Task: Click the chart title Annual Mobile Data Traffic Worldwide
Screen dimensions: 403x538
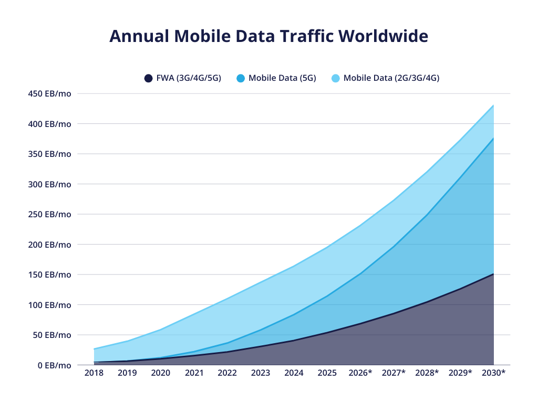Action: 268,36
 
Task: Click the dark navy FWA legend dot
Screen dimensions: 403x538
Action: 148,78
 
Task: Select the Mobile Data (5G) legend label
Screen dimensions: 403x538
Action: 282,78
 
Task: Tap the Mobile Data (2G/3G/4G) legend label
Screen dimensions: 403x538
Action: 391,78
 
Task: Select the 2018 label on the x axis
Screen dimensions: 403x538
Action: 94,373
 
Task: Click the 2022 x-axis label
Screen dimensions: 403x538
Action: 227,373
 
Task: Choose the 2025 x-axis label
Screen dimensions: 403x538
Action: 327,373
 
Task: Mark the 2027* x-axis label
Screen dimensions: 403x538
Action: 394,373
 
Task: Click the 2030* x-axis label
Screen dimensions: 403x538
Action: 493,373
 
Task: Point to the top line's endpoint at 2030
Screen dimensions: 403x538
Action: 493,105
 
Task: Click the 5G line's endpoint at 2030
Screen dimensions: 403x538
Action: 493,139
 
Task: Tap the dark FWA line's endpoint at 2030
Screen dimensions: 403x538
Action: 493,274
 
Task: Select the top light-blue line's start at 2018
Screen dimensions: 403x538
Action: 95,349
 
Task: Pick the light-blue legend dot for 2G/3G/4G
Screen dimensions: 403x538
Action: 335,78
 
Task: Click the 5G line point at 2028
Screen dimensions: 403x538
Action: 427,215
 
